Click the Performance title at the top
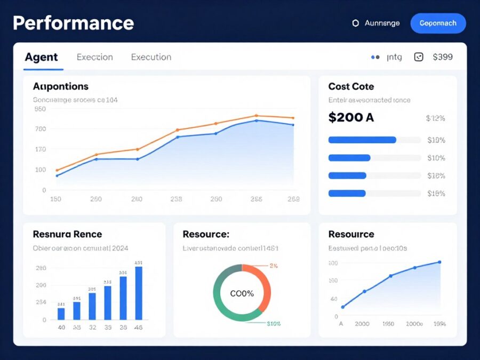(x=73, y=23)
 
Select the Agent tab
(x=41, y=57)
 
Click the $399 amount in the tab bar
(x=443, y=57)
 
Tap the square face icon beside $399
(x=419, y=57)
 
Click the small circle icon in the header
(x=355, y=23)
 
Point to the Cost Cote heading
(x=351, y=86)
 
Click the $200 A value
(x=351, y=118)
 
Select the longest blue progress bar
(x=362, y=140)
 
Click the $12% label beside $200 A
(x=435, y=118)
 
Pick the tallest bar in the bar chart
(x=139, y=293)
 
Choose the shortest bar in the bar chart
(x=61, y=314)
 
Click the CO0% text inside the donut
(x=242, y=293)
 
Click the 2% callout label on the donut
(x=274, y=265)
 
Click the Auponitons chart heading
(x=61, y=86)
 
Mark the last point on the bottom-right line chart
(x=439, y=262)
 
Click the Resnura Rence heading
(x=67, y=234)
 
